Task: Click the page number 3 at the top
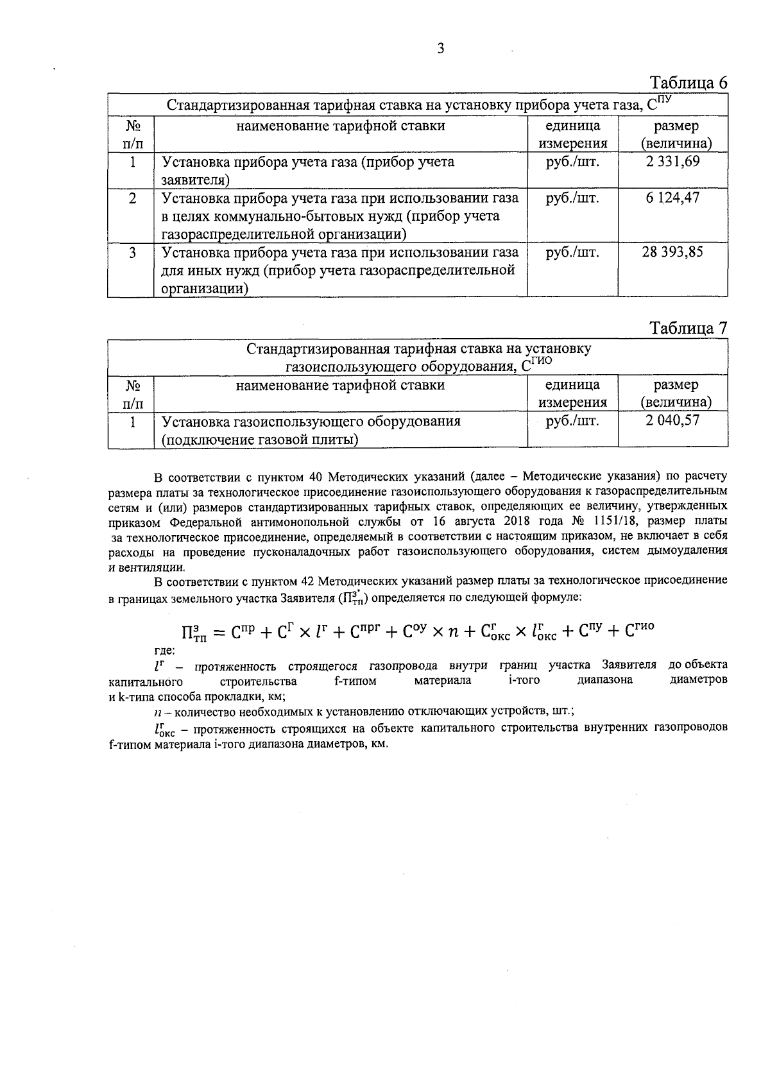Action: pos(440,49)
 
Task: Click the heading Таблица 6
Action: pos(689,83)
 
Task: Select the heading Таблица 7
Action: pos(689,329)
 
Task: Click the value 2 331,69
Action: pos(672,162)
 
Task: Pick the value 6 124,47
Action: pos(672,198)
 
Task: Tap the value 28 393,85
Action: pos(672,252)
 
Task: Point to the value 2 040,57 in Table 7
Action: pos(672,421)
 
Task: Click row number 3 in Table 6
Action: pos(132,252)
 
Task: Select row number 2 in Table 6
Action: pos(132,198)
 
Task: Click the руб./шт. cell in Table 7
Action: pos(572,422)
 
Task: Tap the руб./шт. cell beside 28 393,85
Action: pos(572,252)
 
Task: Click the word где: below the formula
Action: pos(165,650)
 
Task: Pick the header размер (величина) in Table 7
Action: pos(675,393)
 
